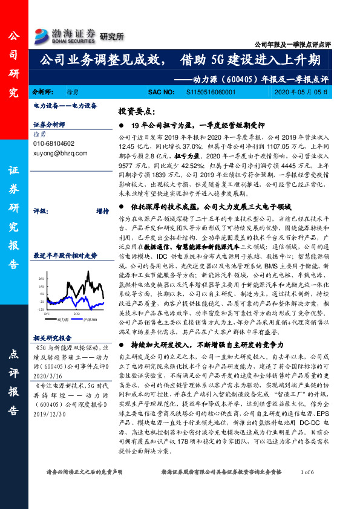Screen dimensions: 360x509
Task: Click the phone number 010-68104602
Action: [x=54, y=144]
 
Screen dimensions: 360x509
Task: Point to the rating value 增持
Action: [x=102, y=211]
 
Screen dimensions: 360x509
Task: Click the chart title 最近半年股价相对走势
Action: [x=65, y=256]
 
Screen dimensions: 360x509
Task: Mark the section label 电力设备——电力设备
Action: [x=65, y=105]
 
